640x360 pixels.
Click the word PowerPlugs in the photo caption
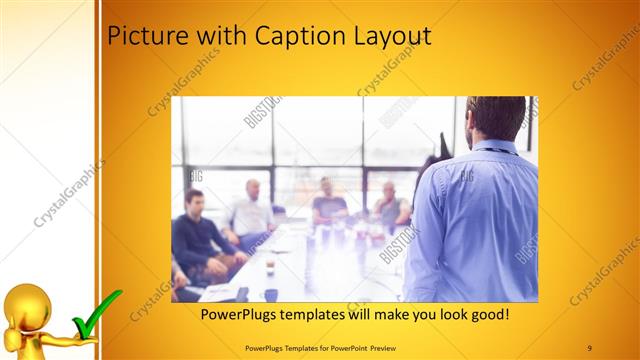239,314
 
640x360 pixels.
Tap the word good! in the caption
486,314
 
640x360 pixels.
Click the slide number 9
590,347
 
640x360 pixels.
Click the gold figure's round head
27,303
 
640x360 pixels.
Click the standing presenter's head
494,119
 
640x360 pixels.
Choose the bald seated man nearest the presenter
389,205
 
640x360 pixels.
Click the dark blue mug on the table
271,294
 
